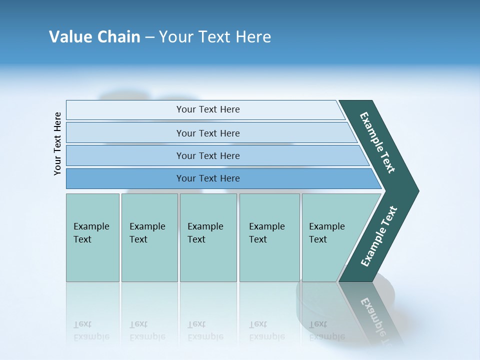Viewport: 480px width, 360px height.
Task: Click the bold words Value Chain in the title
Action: (94, 37)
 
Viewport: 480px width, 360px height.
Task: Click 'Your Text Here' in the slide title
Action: (215, 37)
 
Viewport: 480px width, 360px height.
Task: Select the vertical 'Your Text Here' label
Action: (57, 143)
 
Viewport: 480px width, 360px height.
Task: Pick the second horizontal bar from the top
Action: (207, 133)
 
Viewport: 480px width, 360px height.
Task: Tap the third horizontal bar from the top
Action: (207, 155)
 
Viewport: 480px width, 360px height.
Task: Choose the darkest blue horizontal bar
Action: (207, 178)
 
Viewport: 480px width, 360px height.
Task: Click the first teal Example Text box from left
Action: (92, 237)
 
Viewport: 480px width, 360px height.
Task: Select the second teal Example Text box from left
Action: (149, 237)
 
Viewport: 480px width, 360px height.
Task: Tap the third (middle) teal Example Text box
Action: (208, 237)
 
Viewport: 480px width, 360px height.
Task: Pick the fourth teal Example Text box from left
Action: (269, 237)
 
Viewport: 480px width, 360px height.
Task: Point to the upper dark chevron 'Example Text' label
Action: (377, 142)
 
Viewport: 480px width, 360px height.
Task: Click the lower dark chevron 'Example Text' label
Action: (378, 236)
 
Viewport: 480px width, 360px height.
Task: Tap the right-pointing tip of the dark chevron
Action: (416, 191)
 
